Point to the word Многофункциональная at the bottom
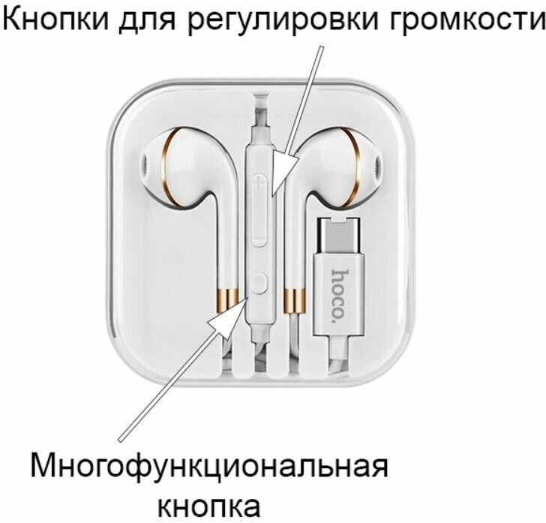(x=210, y=467)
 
